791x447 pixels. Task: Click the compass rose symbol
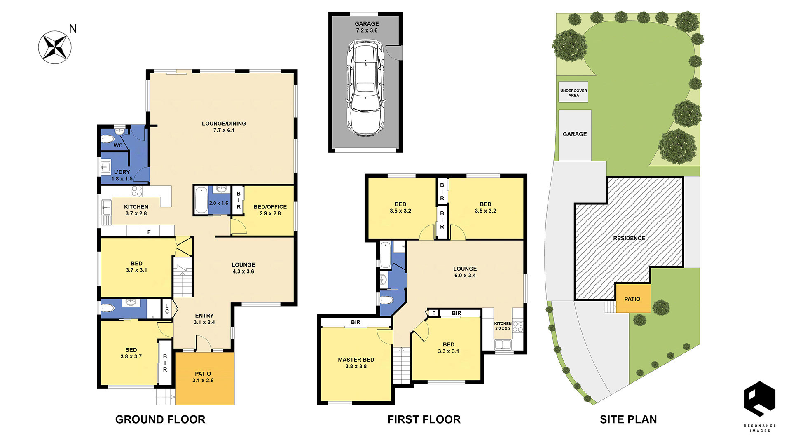click(55, 47)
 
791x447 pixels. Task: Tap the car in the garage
click(365, 87)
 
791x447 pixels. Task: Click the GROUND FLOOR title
click(160, 419)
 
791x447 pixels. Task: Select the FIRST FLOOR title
click(424, 419)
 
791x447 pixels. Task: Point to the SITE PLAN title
click(628, 419)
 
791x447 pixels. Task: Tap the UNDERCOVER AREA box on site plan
click(573, 92)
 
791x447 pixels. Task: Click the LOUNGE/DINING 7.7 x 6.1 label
click(224, 127)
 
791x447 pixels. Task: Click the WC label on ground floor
click(118, 145)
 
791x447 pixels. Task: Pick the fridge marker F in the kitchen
click(149, 232)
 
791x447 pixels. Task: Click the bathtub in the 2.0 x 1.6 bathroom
click(201, 200)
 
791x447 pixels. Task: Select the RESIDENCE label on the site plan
click(629, 238)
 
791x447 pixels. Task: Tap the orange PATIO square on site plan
click(633, 298)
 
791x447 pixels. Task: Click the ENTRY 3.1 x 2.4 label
click(204, 319)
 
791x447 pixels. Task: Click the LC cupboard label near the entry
click(167, 309)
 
